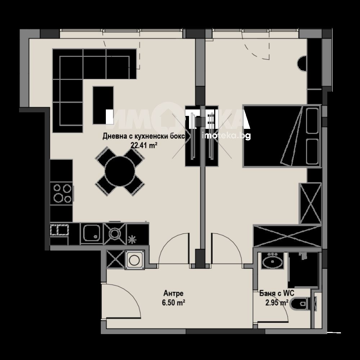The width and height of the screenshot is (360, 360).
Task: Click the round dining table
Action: point(120,171)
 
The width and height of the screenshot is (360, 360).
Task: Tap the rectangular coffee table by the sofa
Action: point(103,105)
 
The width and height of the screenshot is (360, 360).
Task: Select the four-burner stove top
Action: point(61,193)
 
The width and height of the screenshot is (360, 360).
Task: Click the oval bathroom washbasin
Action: point(273,261)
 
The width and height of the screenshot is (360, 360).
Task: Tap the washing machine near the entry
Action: point(135,260)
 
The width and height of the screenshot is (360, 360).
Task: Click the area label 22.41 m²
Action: point(144,145)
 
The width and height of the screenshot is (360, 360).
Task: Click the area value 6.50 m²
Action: point(174,303)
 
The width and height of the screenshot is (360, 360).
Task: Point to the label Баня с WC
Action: point(276,293)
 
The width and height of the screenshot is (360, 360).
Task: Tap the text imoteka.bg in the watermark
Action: point(226,136)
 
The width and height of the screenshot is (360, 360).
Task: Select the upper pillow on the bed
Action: point(312,121)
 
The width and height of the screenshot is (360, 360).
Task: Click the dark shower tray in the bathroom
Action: point(303,270)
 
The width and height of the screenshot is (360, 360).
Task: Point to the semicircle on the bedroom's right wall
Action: point(302,63)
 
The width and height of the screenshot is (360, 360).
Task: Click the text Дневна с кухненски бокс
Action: point(144,136)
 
